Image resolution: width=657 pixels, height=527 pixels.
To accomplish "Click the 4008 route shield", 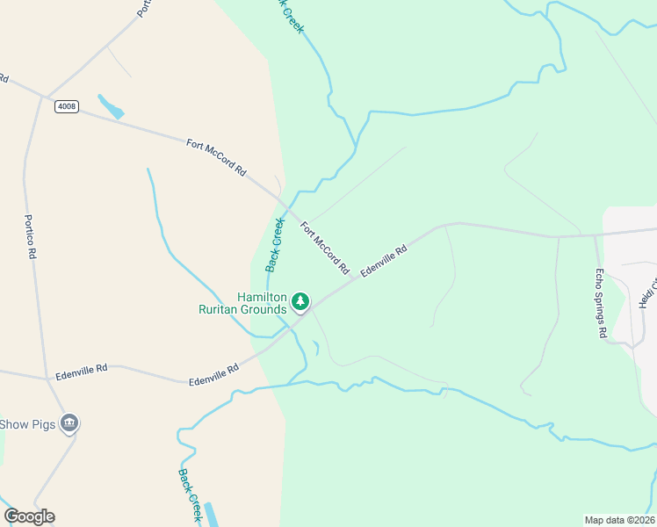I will tap(66, 106).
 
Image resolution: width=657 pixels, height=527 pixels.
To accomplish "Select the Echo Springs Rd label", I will tap(601, 290).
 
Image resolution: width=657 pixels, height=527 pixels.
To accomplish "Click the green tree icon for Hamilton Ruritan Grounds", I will tap(300, 302).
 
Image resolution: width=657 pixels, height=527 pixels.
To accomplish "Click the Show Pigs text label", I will tap(28, 425).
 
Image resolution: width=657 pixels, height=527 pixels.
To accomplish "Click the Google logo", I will tap(29, 516).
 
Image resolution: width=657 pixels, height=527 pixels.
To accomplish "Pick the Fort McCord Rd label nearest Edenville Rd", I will tap(325, 248).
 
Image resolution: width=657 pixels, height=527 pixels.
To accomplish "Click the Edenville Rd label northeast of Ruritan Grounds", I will tap(384, 262).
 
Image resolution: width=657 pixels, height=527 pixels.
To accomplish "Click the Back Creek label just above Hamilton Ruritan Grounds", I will tap(276, 243).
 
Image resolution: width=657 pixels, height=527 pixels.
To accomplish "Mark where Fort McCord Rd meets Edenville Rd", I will tap(355, 278).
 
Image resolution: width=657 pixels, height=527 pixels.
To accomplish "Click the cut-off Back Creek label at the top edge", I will tap(291, 16).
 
